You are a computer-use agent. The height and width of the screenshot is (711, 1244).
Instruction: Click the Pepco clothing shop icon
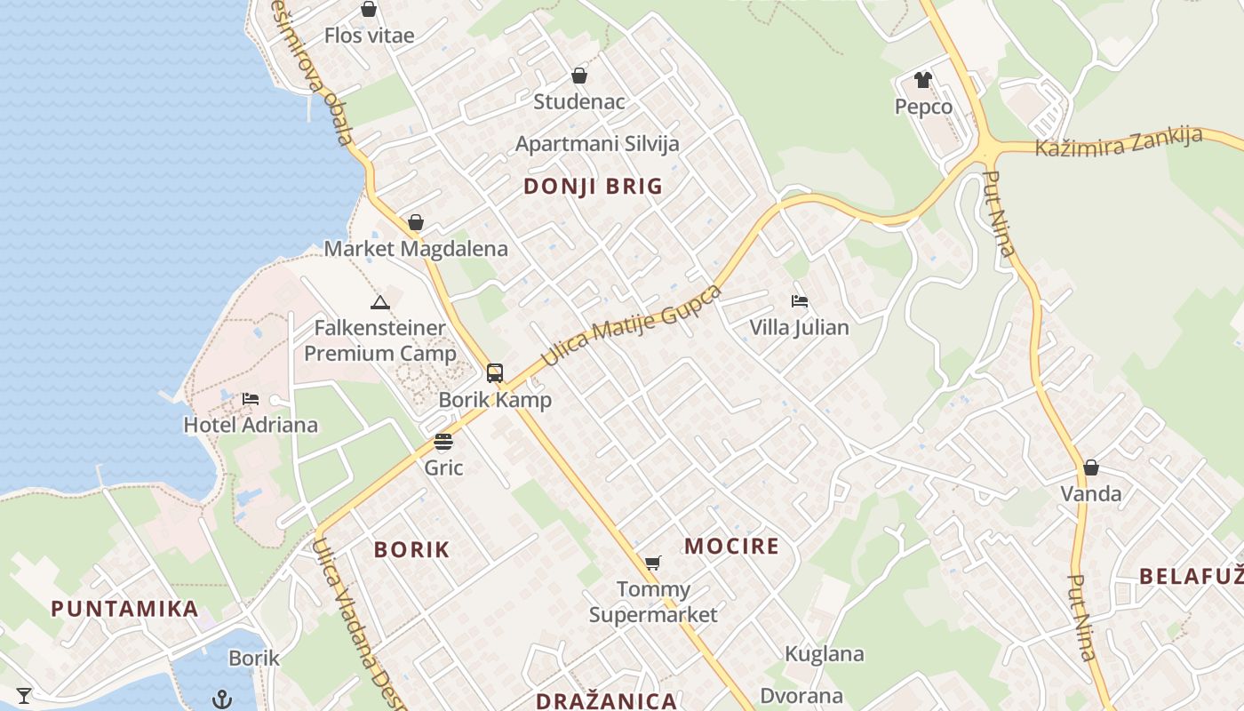tap(923, 80)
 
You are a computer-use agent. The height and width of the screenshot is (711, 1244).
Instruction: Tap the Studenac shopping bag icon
tap(579, 76)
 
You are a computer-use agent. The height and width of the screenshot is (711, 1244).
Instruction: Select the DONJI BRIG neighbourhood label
tap(593, 187)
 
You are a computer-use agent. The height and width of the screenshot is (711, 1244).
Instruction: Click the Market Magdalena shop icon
tap(416, 222)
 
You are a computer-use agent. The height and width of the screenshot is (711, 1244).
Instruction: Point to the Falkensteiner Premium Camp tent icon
tap(380, 302)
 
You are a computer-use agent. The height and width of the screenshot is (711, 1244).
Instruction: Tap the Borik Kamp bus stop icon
tap(495, 373)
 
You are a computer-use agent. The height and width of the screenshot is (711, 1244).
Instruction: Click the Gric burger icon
tap(443, 442)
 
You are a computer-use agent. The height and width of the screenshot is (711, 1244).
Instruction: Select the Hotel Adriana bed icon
tap(251, 398)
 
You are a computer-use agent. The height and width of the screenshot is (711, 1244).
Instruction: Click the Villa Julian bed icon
tap(800, 301)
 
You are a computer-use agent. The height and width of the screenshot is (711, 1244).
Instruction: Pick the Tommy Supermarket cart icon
tap(653, 562)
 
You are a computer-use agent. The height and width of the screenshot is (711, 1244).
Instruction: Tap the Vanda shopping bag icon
tap(1091, 467)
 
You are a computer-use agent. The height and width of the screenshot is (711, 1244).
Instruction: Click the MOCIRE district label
tap(731, 546)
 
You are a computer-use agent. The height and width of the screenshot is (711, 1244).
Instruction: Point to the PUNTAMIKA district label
tap(124, 609)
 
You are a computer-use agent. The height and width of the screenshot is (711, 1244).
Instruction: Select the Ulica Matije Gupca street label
tap(632, 325)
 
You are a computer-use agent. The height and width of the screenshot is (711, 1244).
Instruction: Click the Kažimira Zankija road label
tap(1120, 141)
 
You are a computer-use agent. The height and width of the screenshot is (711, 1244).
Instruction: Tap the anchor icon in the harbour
tap(222, 699)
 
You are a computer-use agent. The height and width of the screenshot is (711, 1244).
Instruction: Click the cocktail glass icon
tap(24, 695)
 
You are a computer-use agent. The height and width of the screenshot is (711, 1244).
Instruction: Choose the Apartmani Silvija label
tap(597, 144)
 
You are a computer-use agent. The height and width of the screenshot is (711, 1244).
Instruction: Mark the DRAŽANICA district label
tap(607, 701)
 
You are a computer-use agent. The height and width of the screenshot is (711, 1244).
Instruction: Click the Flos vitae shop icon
tap(369, 10)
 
